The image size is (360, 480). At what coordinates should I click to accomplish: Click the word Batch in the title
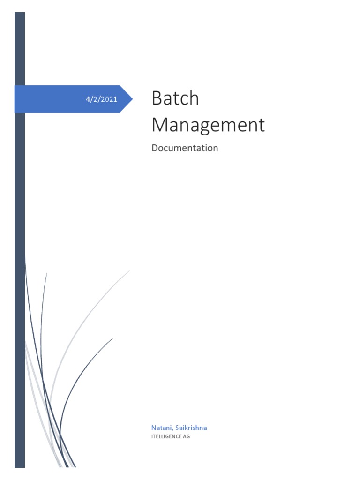tap(175, 99)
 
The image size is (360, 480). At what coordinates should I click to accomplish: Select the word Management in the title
tap(208, 125)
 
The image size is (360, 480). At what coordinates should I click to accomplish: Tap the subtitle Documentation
tap(185, 148)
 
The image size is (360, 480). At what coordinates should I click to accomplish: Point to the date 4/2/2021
tap(101, 99)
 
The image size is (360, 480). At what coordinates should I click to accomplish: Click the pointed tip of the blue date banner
tap(132, 99)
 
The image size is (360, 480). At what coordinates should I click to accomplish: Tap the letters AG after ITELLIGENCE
tap(187, 437)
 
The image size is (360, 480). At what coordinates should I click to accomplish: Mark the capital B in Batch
tap(157, 99)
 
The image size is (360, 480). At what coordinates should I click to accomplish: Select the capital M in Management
tap(160, 125)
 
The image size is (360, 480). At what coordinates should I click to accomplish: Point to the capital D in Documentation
tap(155, 148)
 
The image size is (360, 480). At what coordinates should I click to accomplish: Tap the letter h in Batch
tap(194, 99)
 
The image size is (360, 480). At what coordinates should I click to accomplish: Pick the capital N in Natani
tap(153, 427)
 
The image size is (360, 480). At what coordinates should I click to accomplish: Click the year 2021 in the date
tap(110, 99)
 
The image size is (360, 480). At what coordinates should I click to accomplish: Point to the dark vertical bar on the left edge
tap(20, 234)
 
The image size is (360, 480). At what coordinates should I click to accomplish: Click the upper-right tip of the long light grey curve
tap(129, 271)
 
